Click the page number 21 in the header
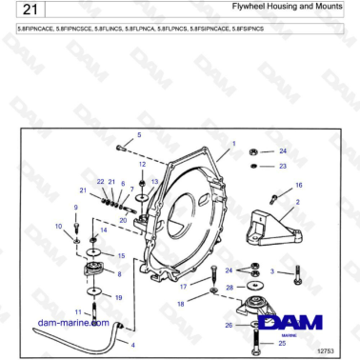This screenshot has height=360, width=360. (28, 10)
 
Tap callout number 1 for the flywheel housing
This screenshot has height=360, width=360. (231, 144)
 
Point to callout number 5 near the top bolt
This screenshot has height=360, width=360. (139, 136)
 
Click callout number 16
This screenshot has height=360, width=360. (298, 185)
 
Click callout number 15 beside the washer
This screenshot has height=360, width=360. (120, 255)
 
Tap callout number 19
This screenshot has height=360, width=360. (118, 297)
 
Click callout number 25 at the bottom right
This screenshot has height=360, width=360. (282, 342)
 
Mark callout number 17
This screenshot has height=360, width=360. (184, 286)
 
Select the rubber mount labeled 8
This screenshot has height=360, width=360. (95, 274)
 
